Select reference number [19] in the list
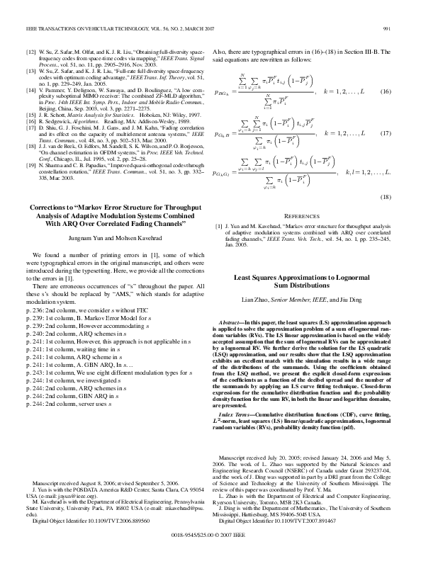pyautogui.click(x=30, y=164)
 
